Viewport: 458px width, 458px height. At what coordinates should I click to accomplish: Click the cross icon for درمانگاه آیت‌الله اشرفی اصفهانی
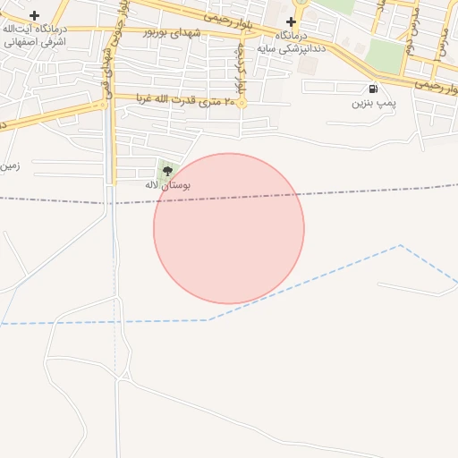coord(34,16)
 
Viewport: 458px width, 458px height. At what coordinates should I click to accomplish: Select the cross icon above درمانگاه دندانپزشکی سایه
coord(291,21)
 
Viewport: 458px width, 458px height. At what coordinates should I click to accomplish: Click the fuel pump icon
coord(372,89)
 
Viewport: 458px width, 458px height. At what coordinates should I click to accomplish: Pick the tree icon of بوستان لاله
coord(167,170)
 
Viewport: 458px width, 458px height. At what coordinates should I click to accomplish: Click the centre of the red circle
coord(229,228)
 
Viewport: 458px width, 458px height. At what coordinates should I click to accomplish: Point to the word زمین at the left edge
coord(9,165)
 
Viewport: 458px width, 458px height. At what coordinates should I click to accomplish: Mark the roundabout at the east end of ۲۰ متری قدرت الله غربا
coord(241,103)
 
